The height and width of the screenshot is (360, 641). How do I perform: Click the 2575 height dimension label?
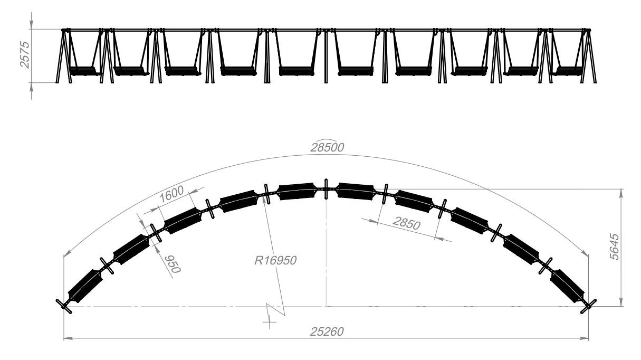click(25, 55)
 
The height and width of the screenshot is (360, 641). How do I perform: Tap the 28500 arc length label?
click(327, 147)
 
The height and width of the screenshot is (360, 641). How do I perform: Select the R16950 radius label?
click(275, 261)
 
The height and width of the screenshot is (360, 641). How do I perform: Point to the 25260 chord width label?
click(327, 332)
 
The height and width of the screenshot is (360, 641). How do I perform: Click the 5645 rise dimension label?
click(615, 247)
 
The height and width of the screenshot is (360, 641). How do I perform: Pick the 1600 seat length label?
click(171, 194)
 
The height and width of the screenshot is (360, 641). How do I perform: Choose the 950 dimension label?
click(173, 264)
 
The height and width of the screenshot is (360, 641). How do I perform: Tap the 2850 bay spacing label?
click(407, 223)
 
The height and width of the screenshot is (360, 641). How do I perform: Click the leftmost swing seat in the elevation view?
click(83, 71)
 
